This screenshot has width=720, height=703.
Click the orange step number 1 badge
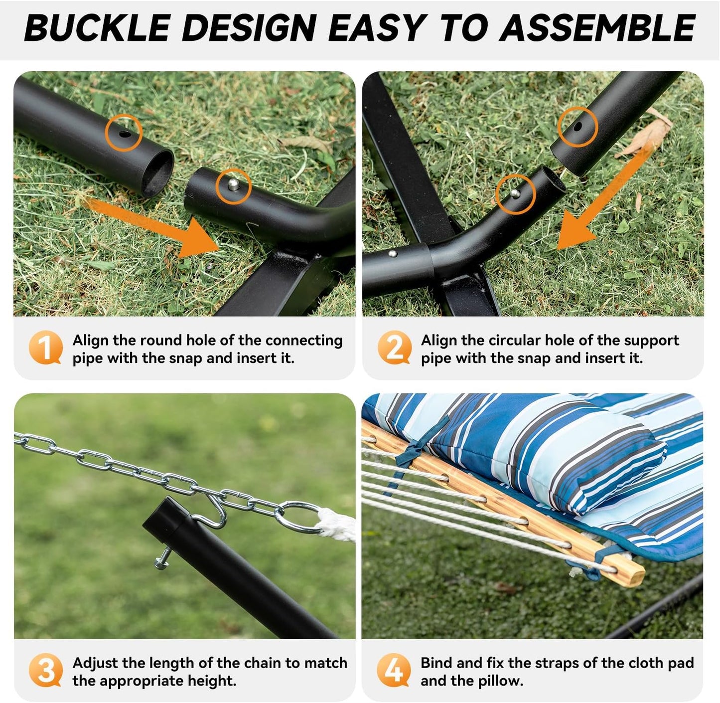[x=45, y=348]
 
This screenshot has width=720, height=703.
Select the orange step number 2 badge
[x=394, y=348]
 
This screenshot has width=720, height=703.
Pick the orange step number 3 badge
[x=45, y=670]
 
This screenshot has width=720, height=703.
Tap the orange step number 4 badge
[x=394, y=670]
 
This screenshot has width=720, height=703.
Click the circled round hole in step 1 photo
[x=124, y=133]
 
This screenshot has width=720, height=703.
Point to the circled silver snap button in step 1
[x=233, y=185]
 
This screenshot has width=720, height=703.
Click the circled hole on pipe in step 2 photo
[x=577, y=127]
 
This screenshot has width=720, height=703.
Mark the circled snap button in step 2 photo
[x=515, y=193]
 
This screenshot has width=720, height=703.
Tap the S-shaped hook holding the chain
[x=212, y=514]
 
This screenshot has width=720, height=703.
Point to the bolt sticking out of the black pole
[x=165, y=558]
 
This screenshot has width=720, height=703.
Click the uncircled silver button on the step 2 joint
[x=393, y=254]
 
